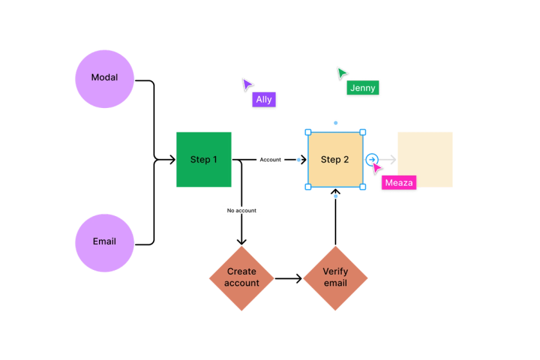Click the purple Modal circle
[x=104, y=78]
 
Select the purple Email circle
[x=104, y=242]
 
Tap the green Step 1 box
[x=204, y=159]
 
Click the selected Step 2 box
[x=335, y=159]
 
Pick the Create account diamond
[x=241, y=278]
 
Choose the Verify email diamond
[x=335, y=278]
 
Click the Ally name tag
[x=264, y=100]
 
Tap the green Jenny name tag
[x=363, y=89]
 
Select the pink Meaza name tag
[x=399, y=183]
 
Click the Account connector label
[x=270, y=159]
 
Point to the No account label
[x=241, y=210]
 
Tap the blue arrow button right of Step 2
[x=372, y=159]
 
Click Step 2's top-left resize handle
[x=308, y=132]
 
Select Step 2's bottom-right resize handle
[x=363, y=187]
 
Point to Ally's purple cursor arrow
[x=246, y=85]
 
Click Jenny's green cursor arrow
[x=341, y=73]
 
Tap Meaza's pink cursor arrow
[x=377, y=168]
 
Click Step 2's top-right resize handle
[x=363, y=132]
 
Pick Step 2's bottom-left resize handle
[x=308, y=187]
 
